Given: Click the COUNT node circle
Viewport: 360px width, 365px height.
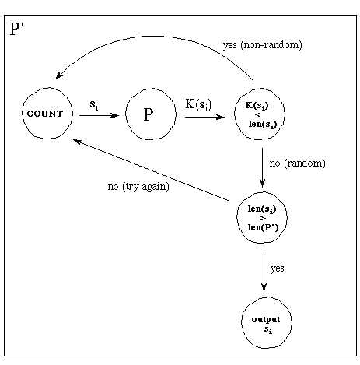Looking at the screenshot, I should tap(47, 114).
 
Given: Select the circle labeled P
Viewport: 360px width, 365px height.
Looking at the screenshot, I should tap(148, 115).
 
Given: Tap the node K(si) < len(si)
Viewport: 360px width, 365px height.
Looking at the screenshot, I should tap(261, 115).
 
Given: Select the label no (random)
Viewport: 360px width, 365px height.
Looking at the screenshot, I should tap(296, 164).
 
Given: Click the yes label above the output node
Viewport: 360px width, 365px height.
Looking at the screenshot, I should tap(278, 268).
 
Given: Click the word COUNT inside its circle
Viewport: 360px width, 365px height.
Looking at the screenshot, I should tap(47, 114).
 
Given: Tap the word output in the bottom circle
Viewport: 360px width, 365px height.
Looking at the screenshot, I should tap(262, 320).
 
